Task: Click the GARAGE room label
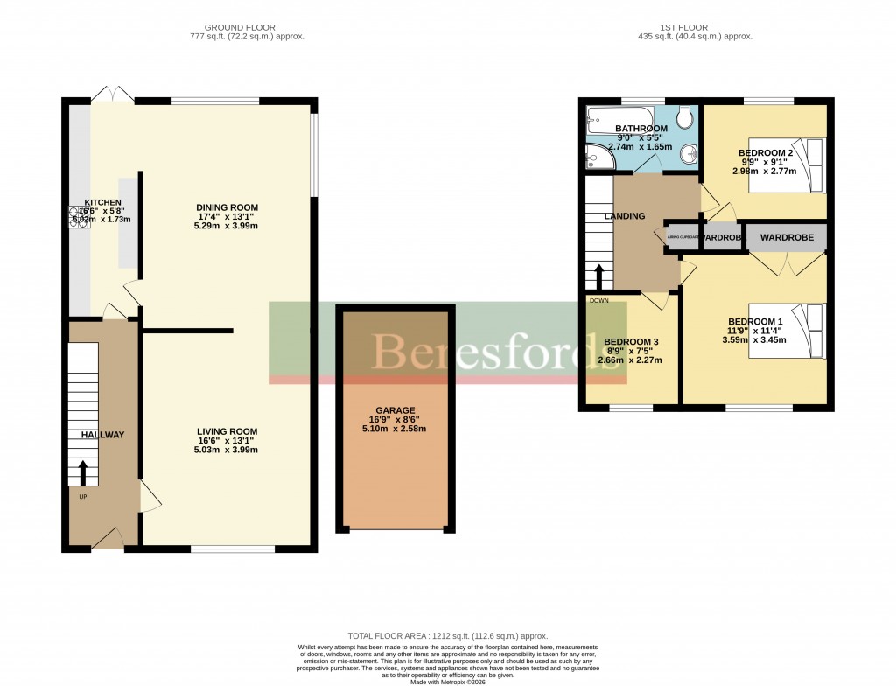click(395, 409)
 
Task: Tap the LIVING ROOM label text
click(227, 430)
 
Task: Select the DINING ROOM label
click(227, 207)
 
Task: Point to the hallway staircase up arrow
click(83, 473)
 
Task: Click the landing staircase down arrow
click(599, 276)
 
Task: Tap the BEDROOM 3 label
click(631, 341)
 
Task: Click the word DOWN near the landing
click(599, 300)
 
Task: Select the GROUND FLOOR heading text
click(247, 27)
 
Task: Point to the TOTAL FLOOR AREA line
click(447, 636)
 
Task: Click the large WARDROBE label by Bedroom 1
click(787, 237)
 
